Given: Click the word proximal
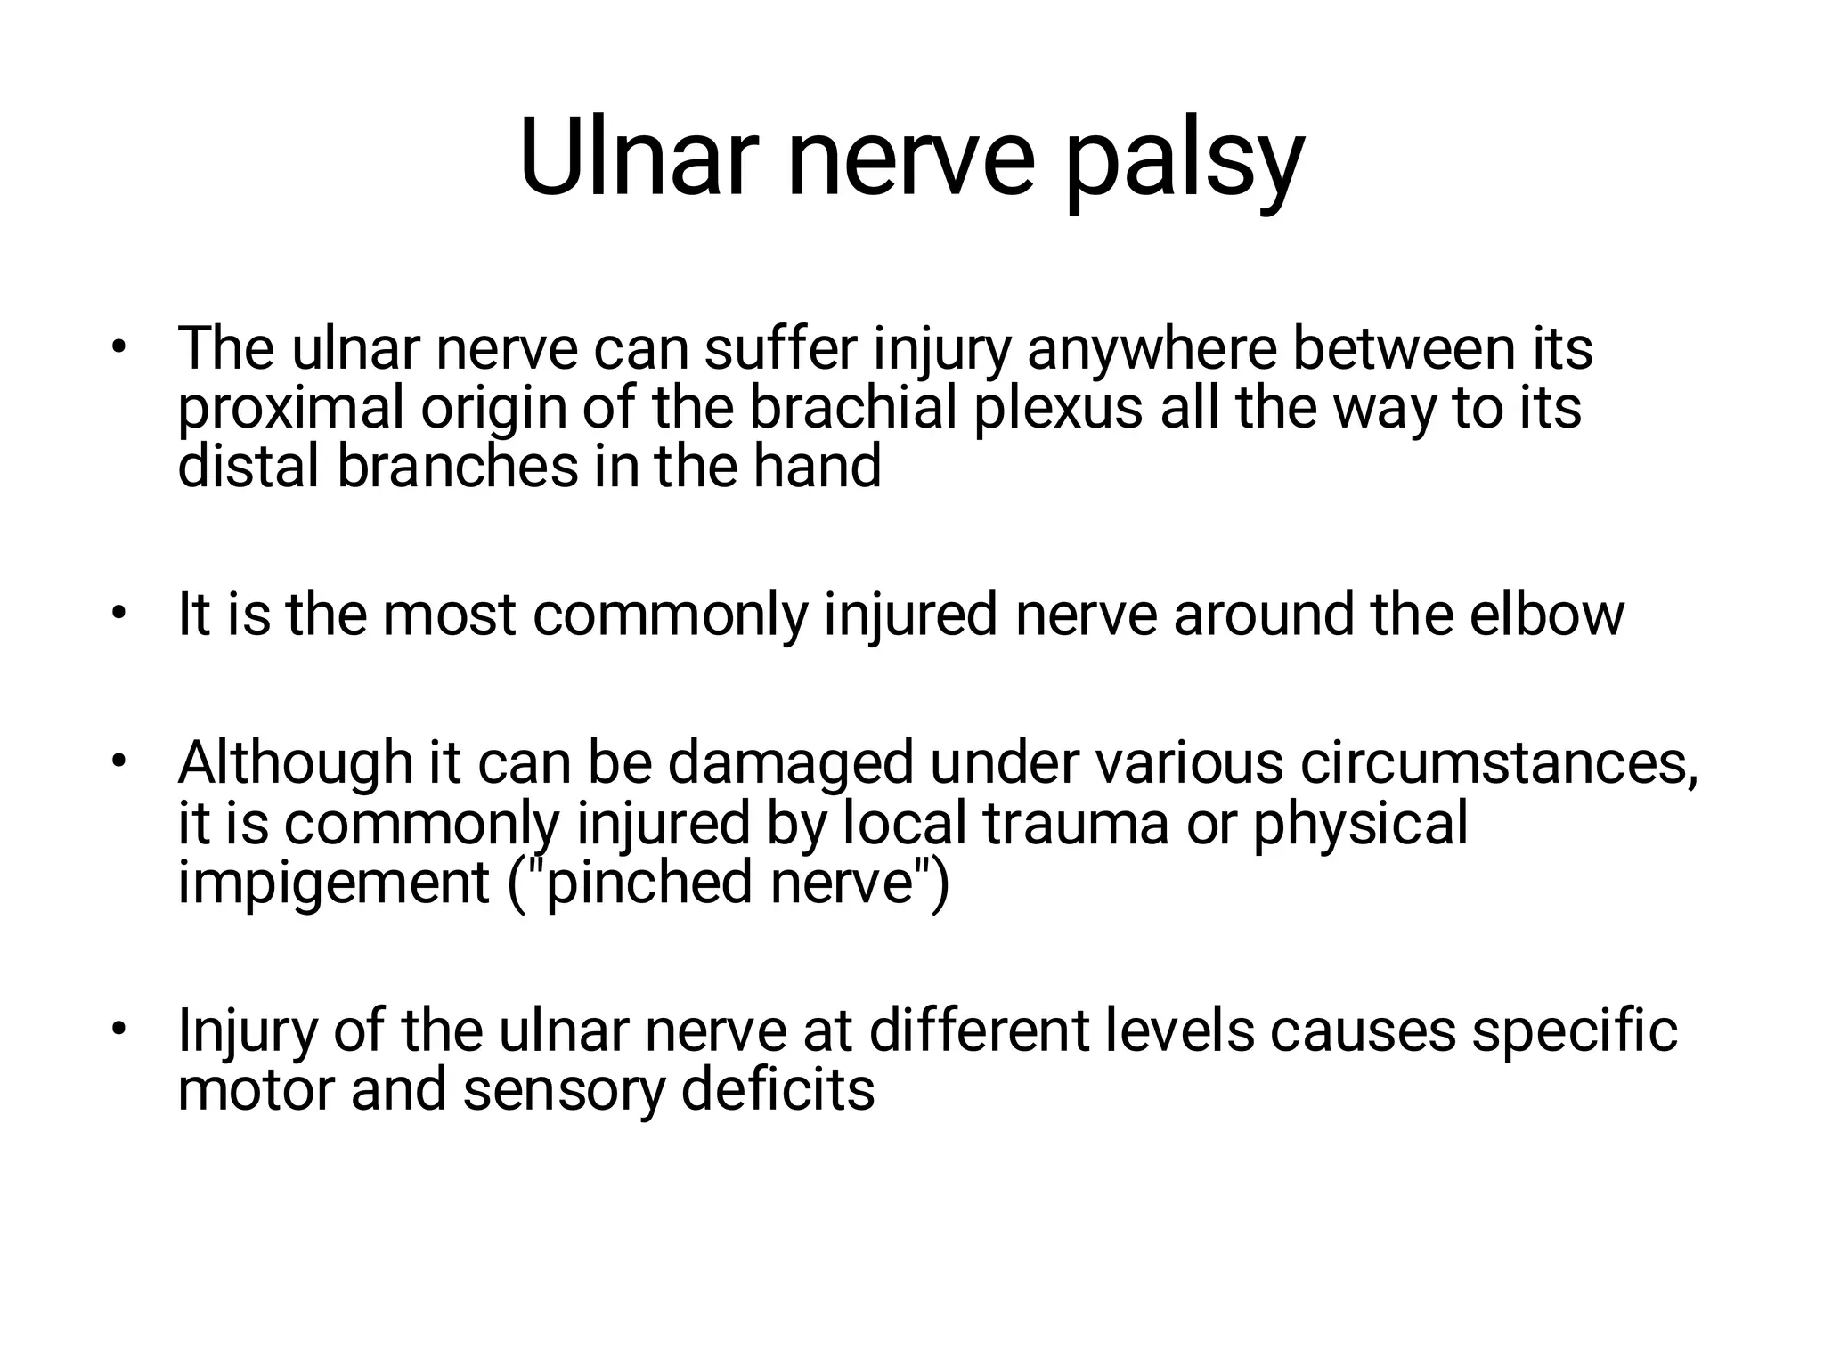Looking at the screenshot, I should tap(290, 410).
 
